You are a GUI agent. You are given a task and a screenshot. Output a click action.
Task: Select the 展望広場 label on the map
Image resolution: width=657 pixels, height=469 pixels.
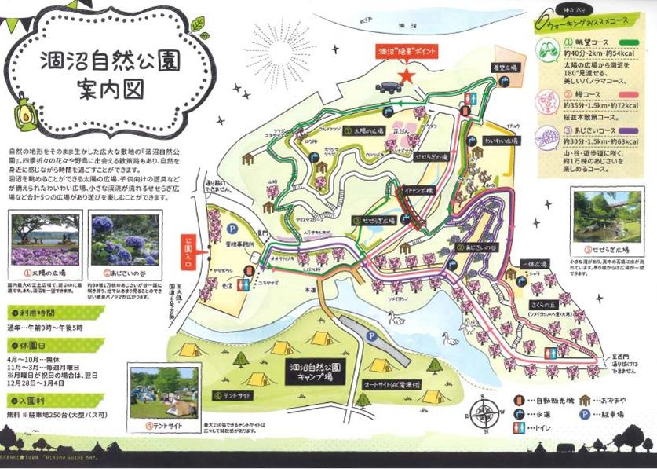click(506, 68)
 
